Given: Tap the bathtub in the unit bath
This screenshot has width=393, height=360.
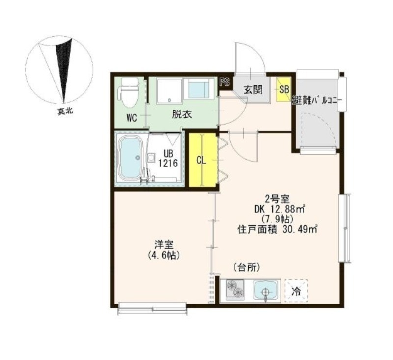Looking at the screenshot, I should [131, 158].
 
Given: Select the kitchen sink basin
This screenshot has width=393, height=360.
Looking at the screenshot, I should [266, 290].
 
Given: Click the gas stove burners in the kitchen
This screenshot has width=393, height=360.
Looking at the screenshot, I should [235, 290].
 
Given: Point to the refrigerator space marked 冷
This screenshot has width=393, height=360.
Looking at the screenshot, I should [296, 290].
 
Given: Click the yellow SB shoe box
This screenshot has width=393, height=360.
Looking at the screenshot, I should [284, 89].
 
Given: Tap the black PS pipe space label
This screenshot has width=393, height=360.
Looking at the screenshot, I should [225, 82].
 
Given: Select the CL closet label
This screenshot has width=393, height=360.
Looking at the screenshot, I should [201, 160].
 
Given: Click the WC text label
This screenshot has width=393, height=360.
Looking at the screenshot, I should [131, 117].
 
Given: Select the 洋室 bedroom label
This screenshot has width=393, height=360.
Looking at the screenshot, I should [162, 245].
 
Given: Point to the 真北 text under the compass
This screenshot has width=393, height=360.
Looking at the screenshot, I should [64, 111].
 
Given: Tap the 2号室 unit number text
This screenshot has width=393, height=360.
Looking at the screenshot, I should [278, 199].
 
